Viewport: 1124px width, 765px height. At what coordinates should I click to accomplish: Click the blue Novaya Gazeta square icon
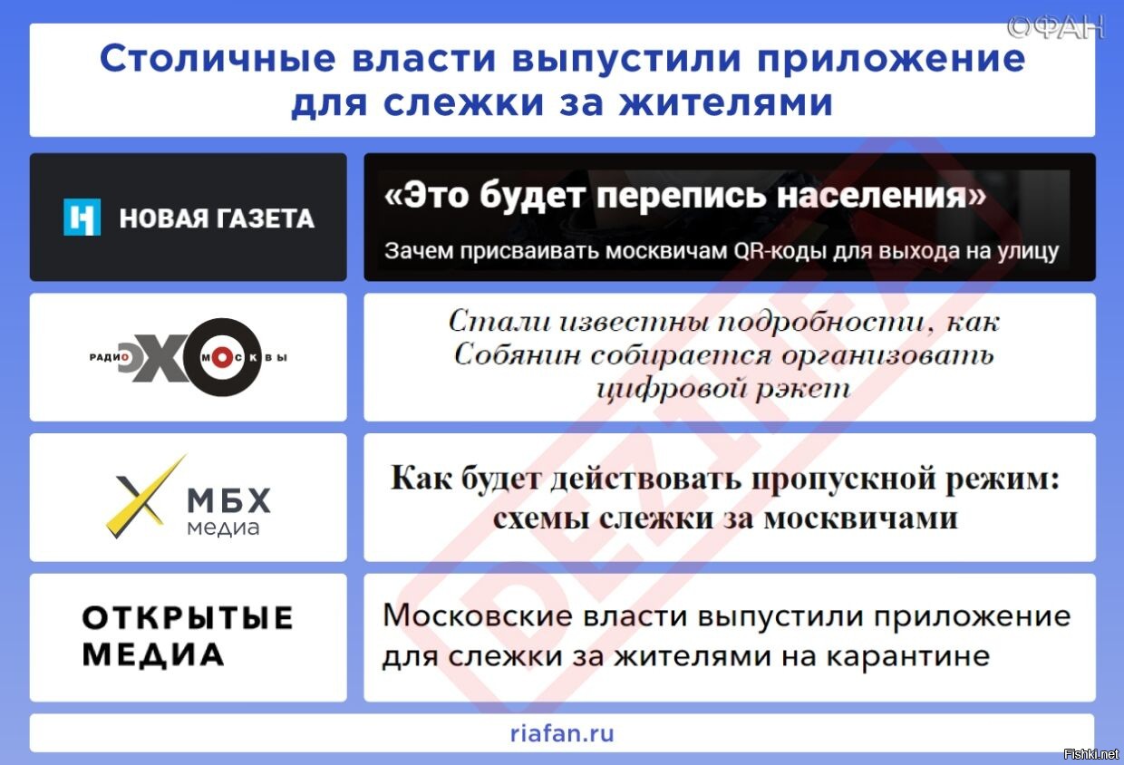[x=82, y=218]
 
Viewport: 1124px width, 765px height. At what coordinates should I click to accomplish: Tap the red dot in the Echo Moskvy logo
[x=222, y=358]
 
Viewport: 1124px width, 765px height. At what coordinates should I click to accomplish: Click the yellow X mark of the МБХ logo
[x=146, y=496]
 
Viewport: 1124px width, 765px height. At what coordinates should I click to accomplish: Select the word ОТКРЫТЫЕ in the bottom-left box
[x=188, y=617]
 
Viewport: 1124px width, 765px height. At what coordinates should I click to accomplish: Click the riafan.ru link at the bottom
[x=562, y=733]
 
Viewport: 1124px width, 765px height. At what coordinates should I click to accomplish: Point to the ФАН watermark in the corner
[x=1056, y=27]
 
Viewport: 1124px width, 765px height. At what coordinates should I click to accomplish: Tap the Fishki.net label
[x=1090, y=754]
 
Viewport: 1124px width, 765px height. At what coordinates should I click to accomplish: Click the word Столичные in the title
[x=218, y=59]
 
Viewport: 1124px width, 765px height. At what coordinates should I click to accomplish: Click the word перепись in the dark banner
[x=682, y=195]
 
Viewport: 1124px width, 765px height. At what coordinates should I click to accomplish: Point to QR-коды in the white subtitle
[x=780, y=251]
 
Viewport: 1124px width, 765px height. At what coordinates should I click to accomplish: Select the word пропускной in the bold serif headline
[x=844, y=479]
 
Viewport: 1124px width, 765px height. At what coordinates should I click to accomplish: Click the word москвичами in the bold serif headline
[x=861, y=518]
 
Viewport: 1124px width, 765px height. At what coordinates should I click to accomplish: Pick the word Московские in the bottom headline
[x=477, y=615]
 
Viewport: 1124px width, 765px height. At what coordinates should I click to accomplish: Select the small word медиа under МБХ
[x=223, y=528]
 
